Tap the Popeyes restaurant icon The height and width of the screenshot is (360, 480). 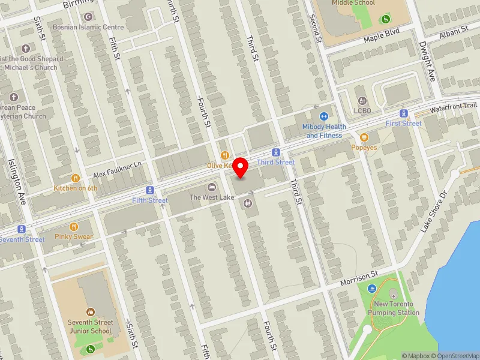(x=364, y=137)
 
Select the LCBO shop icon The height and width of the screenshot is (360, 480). (x=361, y=101)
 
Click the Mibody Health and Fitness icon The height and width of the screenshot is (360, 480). (x=323, y=116)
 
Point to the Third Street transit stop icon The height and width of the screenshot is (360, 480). (x=276, y=152)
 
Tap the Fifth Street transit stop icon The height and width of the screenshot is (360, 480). (x=149, y=190)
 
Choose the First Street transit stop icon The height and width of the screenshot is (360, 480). (x=404, y=113)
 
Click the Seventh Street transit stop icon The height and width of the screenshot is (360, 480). (x=22, y=229)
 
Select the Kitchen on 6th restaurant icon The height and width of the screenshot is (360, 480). (x=76, y=178)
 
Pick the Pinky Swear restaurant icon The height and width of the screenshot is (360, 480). (x=74, y=227)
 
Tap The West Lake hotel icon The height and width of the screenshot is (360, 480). (x=211, y=187)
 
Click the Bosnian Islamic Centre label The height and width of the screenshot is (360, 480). (x=88, y=27)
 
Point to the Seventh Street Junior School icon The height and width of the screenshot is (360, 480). (x=90, y=312)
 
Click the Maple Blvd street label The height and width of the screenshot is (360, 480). (x=382, y=38)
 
